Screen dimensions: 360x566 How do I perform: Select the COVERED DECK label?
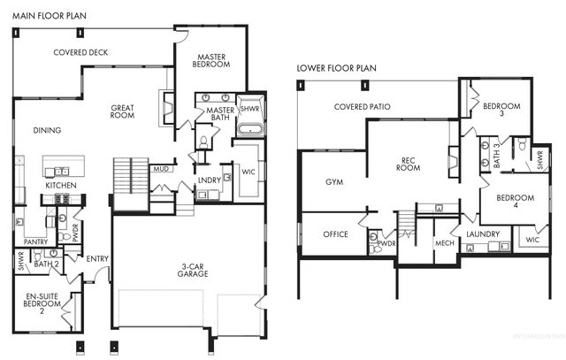pyautogui.click(x=80, y=52)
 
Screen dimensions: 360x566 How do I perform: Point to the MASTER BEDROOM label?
pyautogui.click(x=212, y=59)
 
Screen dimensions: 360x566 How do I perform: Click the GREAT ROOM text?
pyautogui.click(x=122, y=111)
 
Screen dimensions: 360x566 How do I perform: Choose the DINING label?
pyautogui.click(x=47, y=130)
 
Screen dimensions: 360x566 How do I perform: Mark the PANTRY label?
pyautogui.click(x=35, y=241)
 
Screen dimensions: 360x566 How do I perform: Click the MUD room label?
pyautogui.click(x=160, y=168)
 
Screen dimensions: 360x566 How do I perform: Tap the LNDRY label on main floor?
pyautogui.click(x=209, y=180)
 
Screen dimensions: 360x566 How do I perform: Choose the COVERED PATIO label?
pyautogui.click(x=363, y=107)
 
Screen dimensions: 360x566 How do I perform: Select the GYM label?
pyautogui.click(x=334, y=181)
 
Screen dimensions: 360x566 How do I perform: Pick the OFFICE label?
pyautogui.click(x=334, y=234)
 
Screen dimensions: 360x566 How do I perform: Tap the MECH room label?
pyautogui.click(x=444, y=244)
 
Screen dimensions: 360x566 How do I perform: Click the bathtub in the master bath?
pyautogui.click(x=251, y=129)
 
